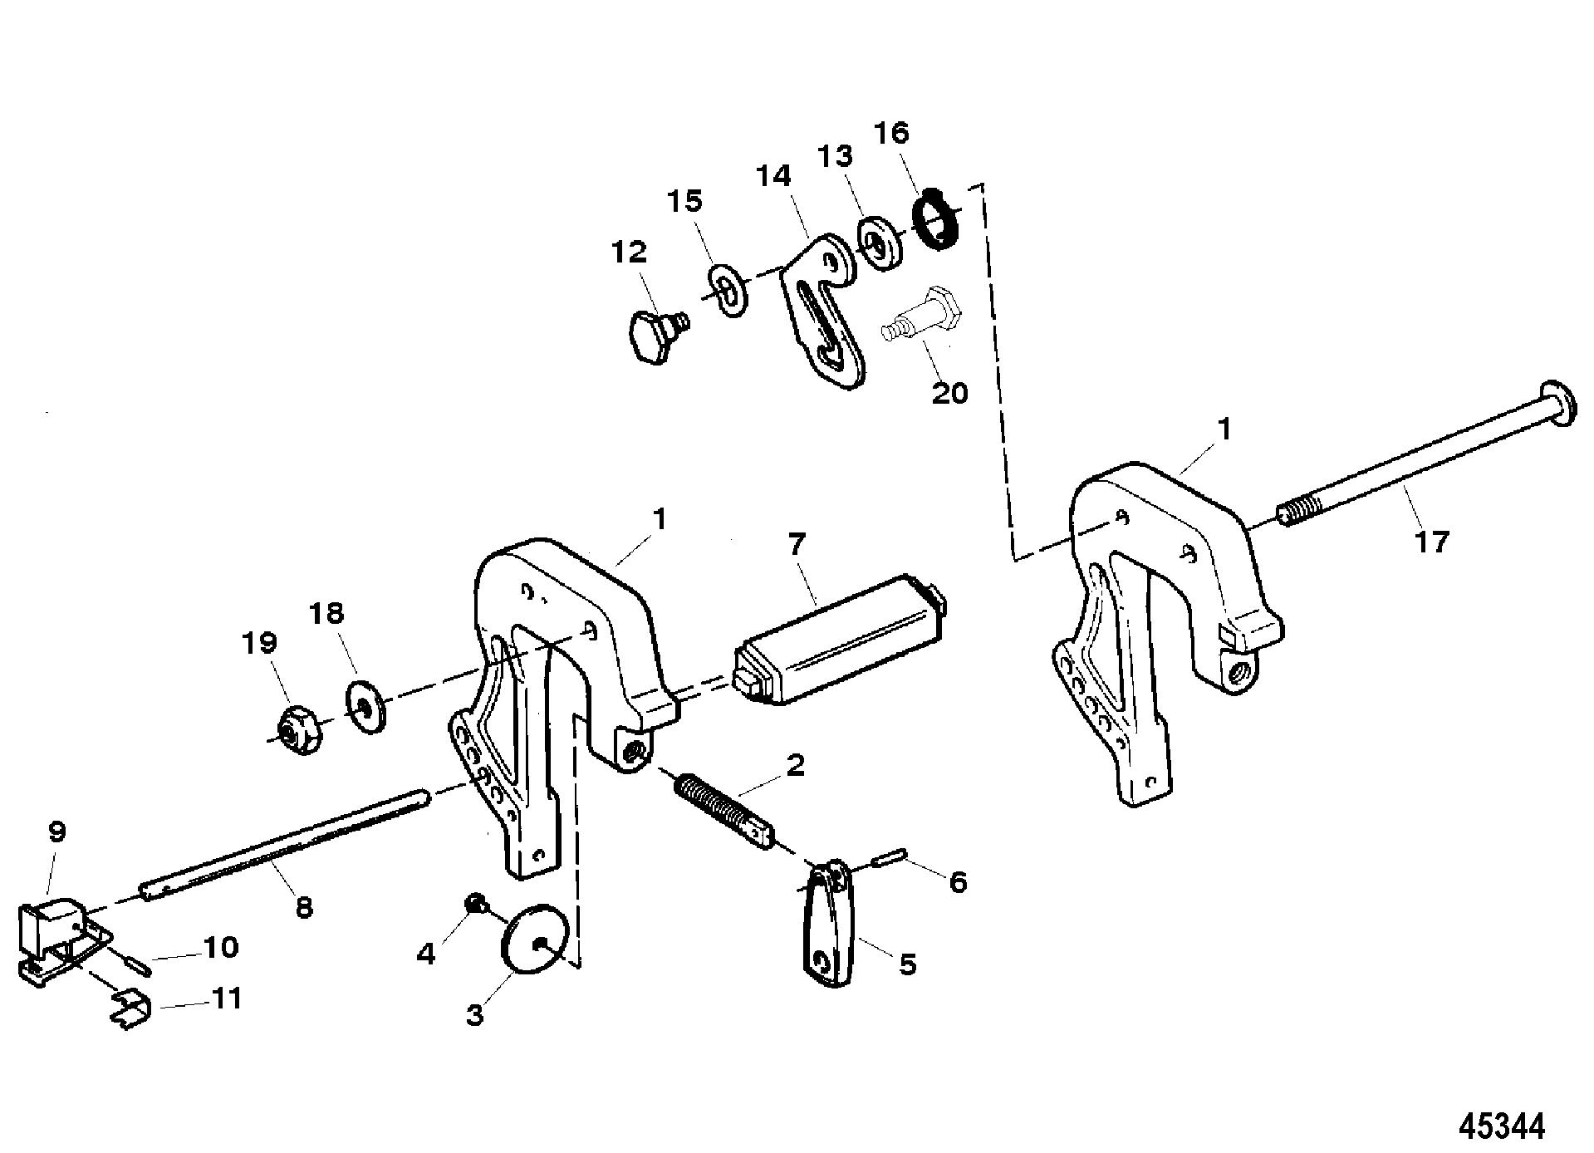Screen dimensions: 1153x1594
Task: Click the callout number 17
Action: pos(1430,542)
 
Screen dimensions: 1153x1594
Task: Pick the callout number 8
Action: pos(305,908)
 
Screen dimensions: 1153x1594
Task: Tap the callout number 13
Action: pos(836,155)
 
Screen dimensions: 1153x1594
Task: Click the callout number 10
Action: pos(221,947)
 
